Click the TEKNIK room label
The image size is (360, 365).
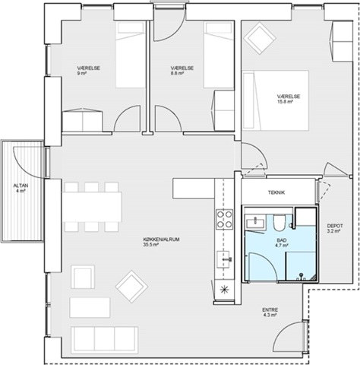276,192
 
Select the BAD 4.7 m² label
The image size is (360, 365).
282,243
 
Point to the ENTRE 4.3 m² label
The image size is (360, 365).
270,313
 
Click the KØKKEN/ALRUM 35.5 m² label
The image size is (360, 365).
161,242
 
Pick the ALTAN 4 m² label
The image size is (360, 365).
21,188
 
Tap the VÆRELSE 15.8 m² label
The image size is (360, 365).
289,99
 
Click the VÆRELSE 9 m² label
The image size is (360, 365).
88,71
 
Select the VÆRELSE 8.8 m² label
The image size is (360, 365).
182,71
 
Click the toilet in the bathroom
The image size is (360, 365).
279,223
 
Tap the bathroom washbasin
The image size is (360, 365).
255,223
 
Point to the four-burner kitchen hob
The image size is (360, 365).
224,219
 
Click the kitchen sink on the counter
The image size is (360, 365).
224,259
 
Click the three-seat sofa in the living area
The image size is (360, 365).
105,340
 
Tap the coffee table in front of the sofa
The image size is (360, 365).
90,307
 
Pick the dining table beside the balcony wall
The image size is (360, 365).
92,207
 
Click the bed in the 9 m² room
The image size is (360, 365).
131,55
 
